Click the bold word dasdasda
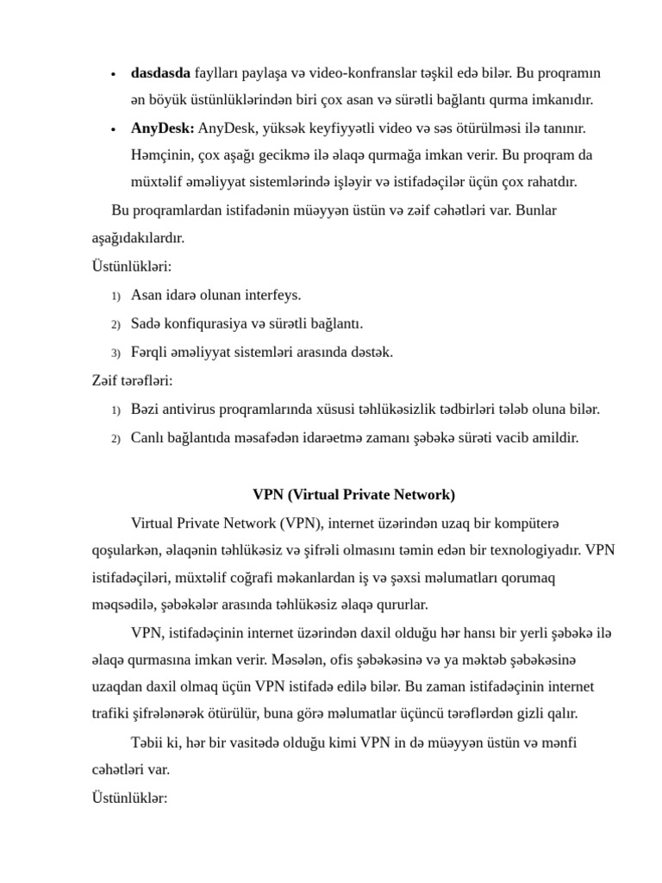[160, 72]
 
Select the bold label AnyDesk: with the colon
[163, 128]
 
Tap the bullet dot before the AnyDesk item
[113, 129]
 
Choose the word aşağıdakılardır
[138, 238]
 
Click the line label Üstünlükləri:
[132, 266]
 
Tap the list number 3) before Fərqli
[116, 353]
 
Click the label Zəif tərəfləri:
[132, 380]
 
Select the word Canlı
[148, 437]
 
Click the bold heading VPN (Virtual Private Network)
[353, 495]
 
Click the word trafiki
[113, 713]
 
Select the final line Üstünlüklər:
[129, 798]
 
